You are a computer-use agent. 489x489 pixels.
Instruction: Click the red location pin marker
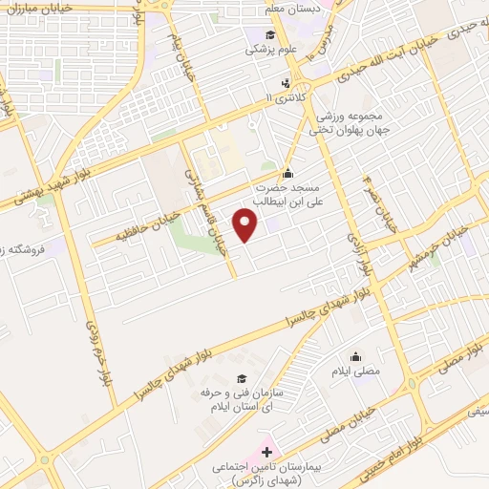coord(246,226)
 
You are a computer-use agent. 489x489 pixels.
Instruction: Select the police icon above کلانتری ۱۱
coord(284,83)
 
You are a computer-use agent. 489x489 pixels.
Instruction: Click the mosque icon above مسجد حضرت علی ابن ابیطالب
coord(287,173)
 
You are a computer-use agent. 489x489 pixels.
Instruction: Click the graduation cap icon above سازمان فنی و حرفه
coord(241,378)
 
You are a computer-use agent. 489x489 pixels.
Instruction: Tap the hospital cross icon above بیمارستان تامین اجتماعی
coord(266,451)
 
